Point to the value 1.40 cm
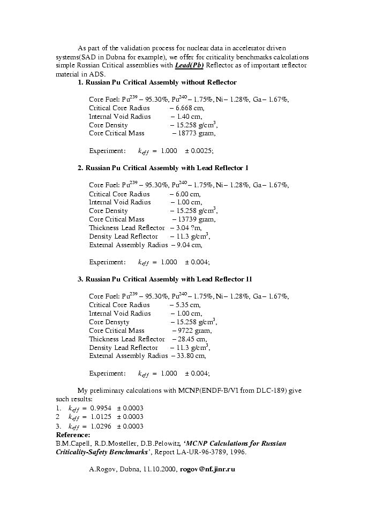tap(188, 117)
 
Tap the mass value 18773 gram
tap(196, 133)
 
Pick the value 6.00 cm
tap(187, 194)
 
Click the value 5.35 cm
tap(187, 305)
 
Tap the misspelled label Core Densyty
tap(109, 322)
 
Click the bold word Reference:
tap(73, 435)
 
